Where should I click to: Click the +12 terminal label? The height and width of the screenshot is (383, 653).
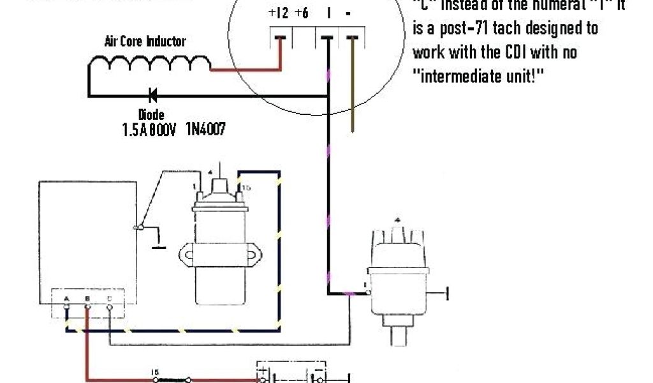279,13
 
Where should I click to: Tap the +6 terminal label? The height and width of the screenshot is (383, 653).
302,13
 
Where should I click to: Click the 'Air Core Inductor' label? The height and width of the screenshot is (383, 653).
145,42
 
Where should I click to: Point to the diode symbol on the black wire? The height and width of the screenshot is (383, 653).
153,96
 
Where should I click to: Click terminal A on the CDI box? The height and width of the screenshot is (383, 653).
67,307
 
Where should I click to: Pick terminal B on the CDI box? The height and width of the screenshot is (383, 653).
88,307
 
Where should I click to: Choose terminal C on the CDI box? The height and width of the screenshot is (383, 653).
110,307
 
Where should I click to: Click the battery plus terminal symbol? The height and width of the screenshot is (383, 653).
262,370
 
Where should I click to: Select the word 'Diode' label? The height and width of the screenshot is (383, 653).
151,116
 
